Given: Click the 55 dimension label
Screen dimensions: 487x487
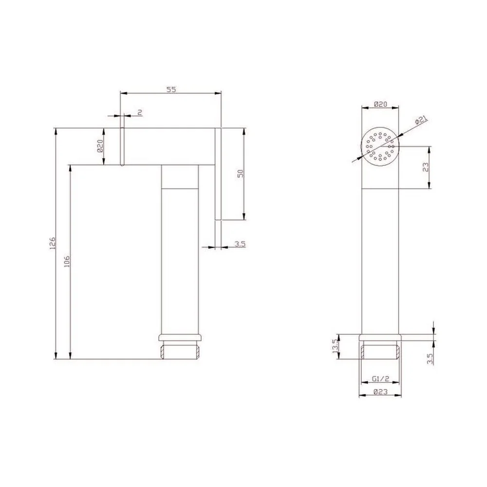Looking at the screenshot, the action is tap(171, 90).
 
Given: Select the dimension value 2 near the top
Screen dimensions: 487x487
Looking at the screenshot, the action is tap(140, 112).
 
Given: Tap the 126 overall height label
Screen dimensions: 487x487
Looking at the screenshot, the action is tap(52, 243).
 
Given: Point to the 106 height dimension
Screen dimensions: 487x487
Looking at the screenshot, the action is tap(67, 262).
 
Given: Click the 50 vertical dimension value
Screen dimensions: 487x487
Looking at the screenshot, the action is tap(241, 174).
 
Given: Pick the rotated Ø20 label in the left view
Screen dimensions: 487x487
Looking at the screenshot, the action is tap(100, 146).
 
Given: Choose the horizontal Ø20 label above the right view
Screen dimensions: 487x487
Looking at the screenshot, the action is tap(380, 104).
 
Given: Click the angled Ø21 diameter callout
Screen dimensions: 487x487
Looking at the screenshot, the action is tap(421, 120).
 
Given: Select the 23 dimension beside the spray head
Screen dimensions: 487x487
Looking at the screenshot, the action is tap(426, 168).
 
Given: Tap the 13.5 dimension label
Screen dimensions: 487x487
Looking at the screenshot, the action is tap(335, 346).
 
